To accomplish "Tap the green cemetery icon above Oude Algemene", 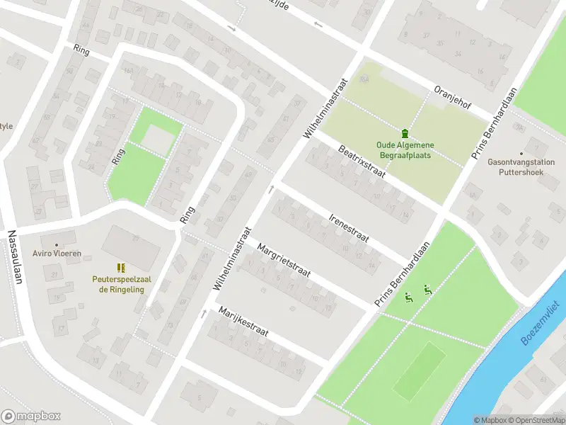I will coord(405,133).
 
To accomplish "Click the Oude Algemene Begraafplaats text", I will coord(405,150).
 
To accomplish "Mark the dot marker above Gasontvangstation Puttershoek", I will coord(522,153).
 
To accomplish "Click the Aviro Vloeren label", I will coord(57,254).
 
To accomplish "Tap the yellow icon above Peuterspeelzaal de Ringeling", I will coord(121,268).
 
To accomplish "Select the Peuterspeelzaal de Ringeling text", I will coord(121,284).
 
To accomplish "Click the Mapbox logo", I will coord(31,416).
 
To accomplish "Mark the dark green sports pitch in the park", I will coord(419,370).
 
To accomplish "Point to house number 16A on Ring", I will coord(128,71).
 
